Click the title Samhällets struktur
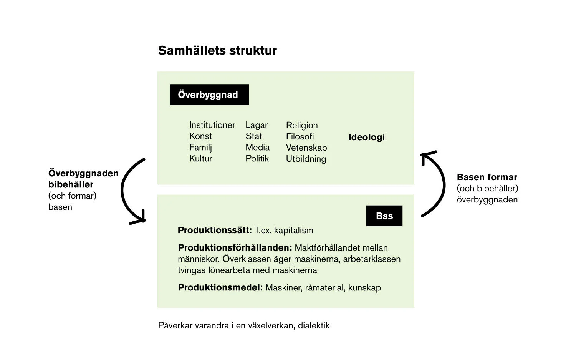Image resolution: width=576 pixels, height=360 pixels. point(217,51)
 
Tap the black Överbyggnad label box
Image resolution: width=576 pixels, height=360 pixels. point(209,95)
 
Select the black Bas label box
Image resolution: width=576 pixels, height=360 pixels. point(384,216)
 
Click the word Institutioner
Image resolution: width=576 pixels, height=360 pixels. point(212,125)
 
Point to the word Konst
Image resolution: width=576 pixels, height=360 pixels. point(200,136)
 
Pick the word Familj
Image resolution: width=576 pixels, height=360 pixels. point(200,148)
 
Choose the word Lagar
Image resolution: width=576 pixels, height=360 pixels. point(257,125)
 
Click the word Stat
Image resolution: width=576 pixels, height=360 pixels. point(253,136)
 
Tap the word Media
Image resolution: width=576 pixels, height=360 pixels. point(257,147)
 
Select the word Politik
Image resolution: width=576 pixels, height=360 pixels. point(257,158)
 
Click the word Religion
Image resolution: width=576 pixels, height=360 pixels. point(302,125)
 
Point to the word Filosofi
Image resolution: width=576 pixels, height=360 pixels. point(300,136)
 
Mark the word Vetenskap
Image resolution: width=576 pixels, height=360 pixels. point(306,148)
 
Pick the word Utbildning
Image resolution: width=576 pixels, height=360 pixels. point(306,159)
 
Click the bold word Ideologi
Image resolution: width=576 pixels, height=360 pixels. point(366,137)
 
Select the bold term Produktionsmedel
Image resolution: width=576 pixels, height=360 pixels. point(220,287)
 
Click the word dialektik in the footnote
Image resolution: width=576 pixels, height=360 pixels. point(314,325)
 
